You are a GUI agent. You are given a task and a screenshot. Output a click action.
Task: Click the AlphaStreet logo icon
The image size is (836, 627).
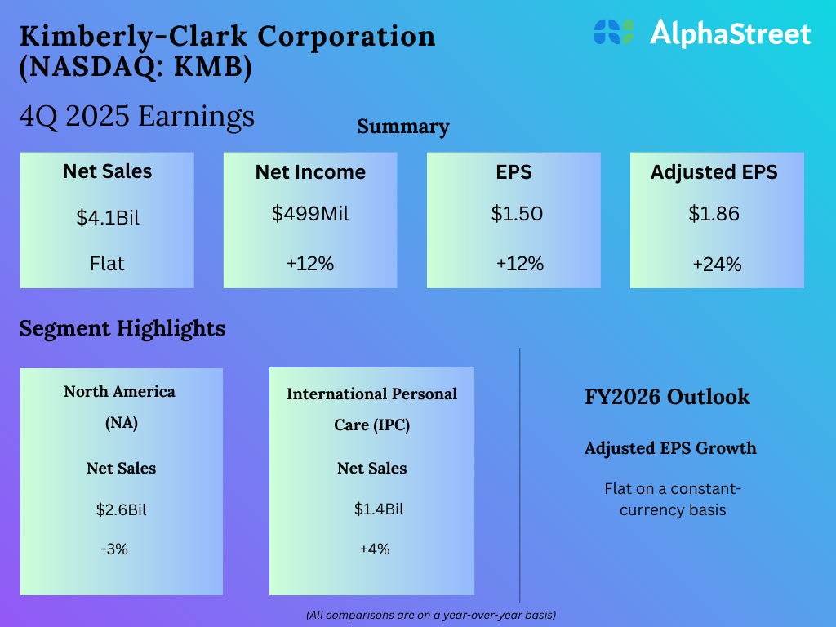(614, 32)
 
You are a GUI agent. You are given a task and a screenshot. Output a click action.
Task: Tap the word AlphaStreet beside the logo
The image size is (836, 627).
(730, 33)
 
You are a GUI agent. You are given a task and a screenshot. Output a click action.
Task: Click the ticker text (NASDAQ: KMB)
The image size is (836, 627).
(135, 68)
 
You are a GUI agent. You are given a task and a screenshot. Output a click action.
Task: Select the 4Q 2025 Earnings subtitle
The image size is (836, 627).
(136, 117)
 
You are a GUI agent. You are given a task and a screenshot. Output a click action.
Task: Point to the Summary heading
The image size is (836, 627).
(403, 127)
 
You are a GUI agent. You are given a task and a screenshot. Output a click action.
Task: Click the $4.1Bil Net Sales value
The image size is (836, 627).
(108, 218)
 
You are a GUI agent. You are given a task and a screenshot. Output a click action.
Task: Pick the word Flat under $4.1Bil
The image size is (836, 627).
(107, 264)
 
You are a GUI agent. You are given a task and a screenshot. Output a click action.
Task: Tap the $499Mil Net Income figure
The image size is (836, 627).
(310, 214)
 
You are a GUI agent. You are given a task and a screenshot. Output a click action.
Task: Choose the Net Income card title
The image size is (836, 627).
(310, 172)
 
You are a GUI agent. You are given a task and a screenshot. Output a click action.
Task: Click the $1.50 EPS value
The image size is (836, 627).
(517, 214)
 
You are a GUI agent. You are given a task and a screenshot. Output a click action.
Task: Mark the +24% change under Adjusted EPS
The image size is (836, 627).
(717, 265)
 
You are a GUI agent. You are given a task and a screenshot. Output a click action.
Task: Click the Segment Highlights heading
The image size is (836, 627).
(122, 328)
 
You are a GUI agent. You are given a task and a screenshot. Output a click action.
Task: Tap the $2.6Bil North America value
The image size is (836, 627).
(121, 510)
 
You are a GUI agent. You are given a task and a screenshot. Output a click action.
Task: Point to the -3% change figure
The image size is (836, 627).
(114, 549)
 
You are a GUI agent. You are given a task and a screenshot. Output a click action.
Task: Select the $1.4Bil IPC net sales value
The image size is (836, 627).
(379, 509)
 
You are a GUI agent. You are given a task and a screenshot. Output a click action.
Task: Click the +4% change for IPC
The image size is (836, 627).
(375, 549)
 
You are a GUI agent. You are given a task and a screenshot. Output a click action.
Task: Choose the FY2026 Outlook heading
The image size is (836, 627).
(667, 397)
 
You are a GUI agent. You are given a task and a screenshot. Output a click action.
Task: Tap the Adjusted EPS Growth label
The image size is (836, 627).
(670, 448)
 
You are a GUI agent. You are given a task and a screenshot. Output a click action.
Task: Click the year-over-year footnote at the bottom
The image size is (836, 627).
(431, 614)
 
